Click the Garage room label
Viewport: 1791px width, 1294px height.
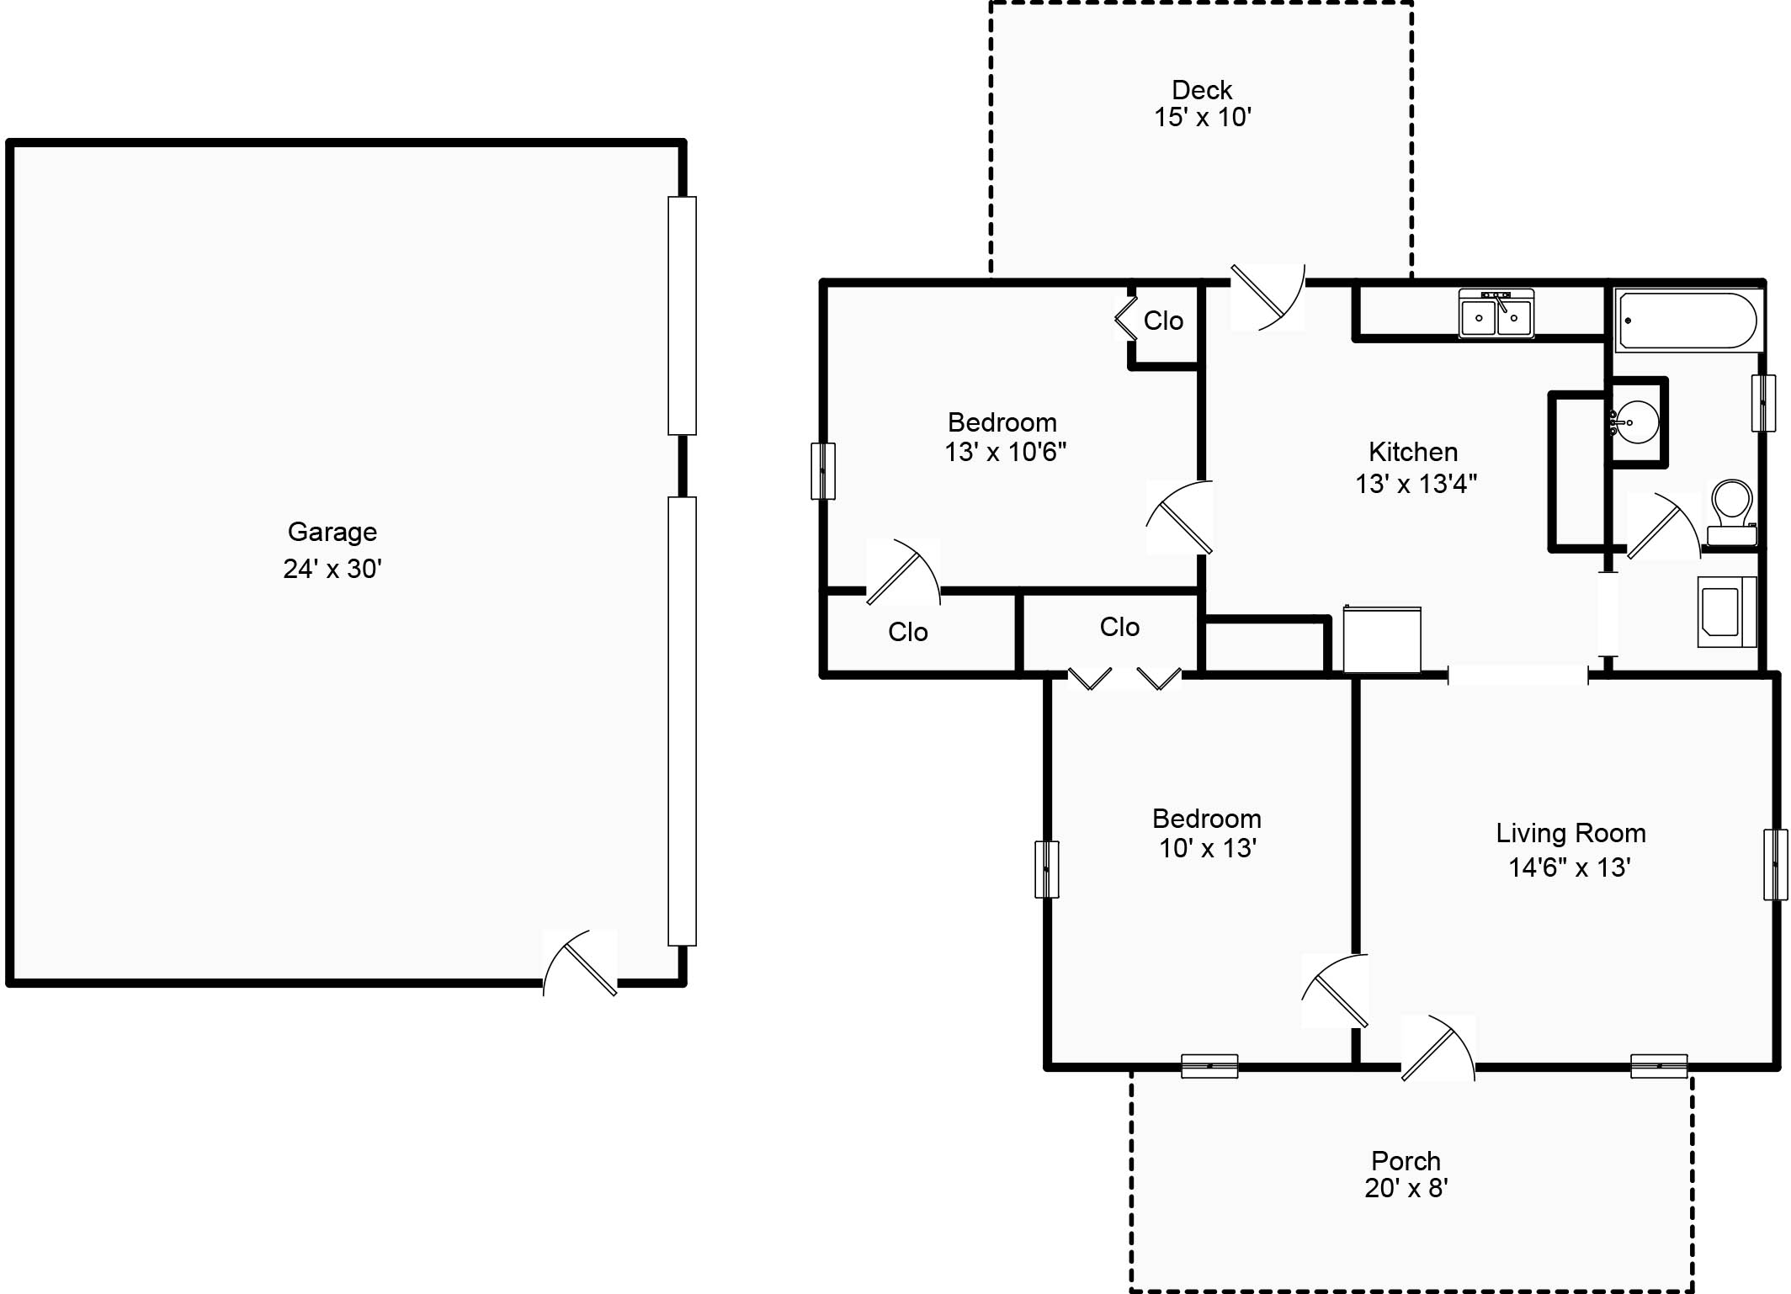point(332,532)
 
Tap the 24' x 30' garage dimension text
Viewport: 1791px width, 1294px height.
point(332,570)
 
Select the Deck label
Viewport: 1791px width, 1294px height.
point(1201,90)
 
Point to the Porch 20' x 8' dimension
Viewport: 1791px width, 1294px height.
point(1406,1188)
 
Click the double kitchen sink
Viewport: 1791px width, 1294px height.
point(1496,314)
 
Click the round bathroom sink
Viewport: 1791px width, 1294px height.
point(1636,422)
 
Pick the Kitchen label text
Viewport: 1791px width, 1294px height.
point(1412,452)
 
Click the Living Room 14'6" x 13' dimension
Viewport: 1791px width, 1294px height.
point(1569,867)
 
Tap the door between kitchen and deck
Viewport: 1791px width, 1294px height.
point(1267,297)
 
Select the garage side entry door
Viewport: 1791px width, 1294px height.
point(581,963)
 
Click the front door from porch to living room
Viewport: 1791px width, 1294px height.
point(1437,1048)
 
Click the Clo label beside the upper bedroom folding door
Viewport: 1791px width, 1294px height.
point(1163,321)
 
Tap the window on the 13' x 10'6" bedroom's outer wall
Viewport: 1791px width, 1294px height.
point(823,471)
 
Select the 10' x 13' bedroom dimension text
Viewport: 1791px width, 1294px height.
point(1207,848)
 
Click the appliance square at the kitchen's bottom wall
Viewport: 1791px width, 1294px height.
point(1382,640)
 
